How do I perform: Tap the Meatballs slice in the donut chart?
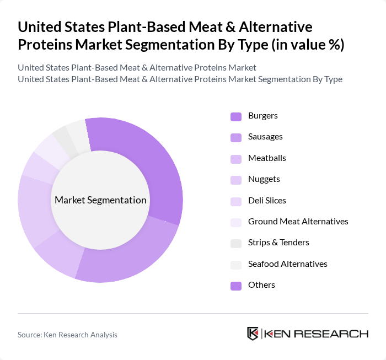coord(57,254)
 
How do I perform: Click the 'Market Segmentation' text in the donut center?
coord(100,200)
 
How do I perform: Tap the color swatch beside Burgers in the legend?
coord(236,116)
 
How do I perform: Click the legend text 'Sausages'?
coord(265,137)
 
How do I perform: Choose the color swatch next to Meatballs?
coord(236,159)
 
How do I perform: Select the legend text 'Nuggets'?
coord(264,179)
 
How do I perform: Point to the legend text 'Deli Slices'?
coord(267,201)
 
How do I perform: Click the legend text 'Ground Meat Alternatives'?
coord(298,222)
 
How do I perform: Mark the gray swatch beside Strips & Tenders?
coord(236,243)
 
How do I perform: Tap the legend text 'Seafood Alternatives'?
coord(287,264)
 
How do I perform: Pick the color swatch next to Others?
coord(236,286)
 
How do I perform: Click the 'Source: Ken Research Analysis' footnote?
coord(67,335)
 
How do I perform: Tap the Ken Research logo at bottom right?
coord(307,334)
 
